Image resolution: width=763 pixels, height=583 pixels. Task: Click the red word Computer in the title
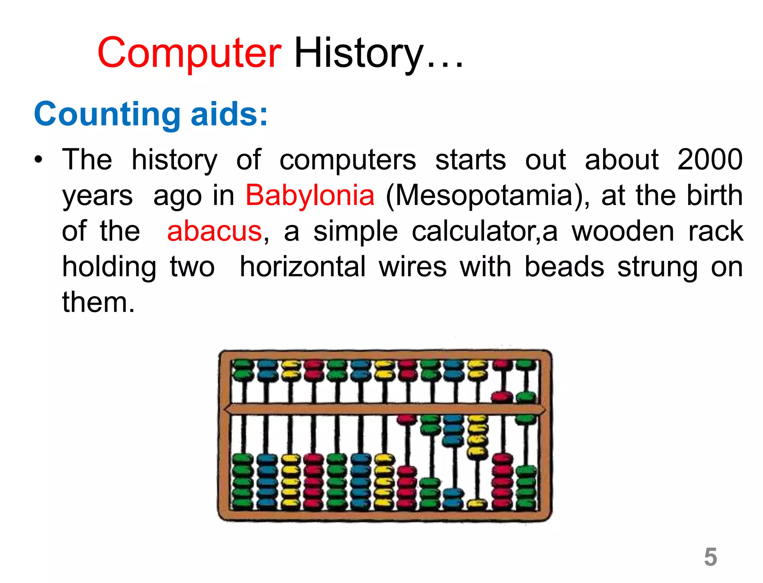pyautogui.click(x=189, y=53)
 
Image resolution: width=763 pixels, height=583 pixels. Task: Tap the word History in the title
pyautogui.click(x=359, y=53)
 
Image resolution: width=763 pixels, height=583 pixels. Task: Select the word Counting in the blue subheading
pyautogui.click(x=107, y=114)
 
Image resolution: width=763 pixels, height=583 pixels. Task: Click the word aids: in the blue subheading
pyautogui.click(x=229, y=114)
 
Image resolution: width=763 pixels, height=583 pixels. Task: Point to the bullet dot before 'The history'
pyautogui.click(x=38, y=160)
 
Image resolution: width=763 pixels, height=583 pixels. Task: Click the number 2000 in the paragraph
pyautogui.click(x=710, y=160)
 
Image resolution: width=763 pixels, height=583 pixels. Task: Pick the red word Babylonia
pyautogui.click(x=310, y=195)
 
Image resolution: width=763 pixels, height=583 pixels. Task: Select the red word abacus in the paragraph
pyautogui.click(x=215, y=231)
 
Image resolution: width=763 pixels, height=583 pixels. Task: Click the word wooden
pyautogui.click(x=623, y=231)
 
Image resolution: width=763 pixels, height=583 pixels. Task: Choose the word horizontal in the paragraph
pyautogui.click(x=303, y=267)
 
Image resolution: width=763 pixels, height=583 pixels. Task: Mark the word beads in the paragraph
pyautogui.click(x=564, y=267)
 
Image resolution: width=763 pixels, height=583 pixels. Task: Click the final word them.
pyautogui.click(x=98, y=302)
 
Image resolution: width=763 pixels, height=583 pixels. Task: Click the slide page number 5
pyautogui.click(x=710, y=557)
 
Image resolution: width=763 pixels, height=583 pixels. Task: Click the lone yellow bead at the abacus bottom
pyautogui.click(x=477, y=504)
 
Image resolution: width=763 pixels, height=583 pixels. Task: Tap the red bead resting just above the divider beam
pyautogui.click(x=502, y=396)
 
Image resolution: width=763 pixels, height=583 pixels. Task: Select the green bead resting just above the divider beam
pyautogui.click(x=526, y=396)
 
